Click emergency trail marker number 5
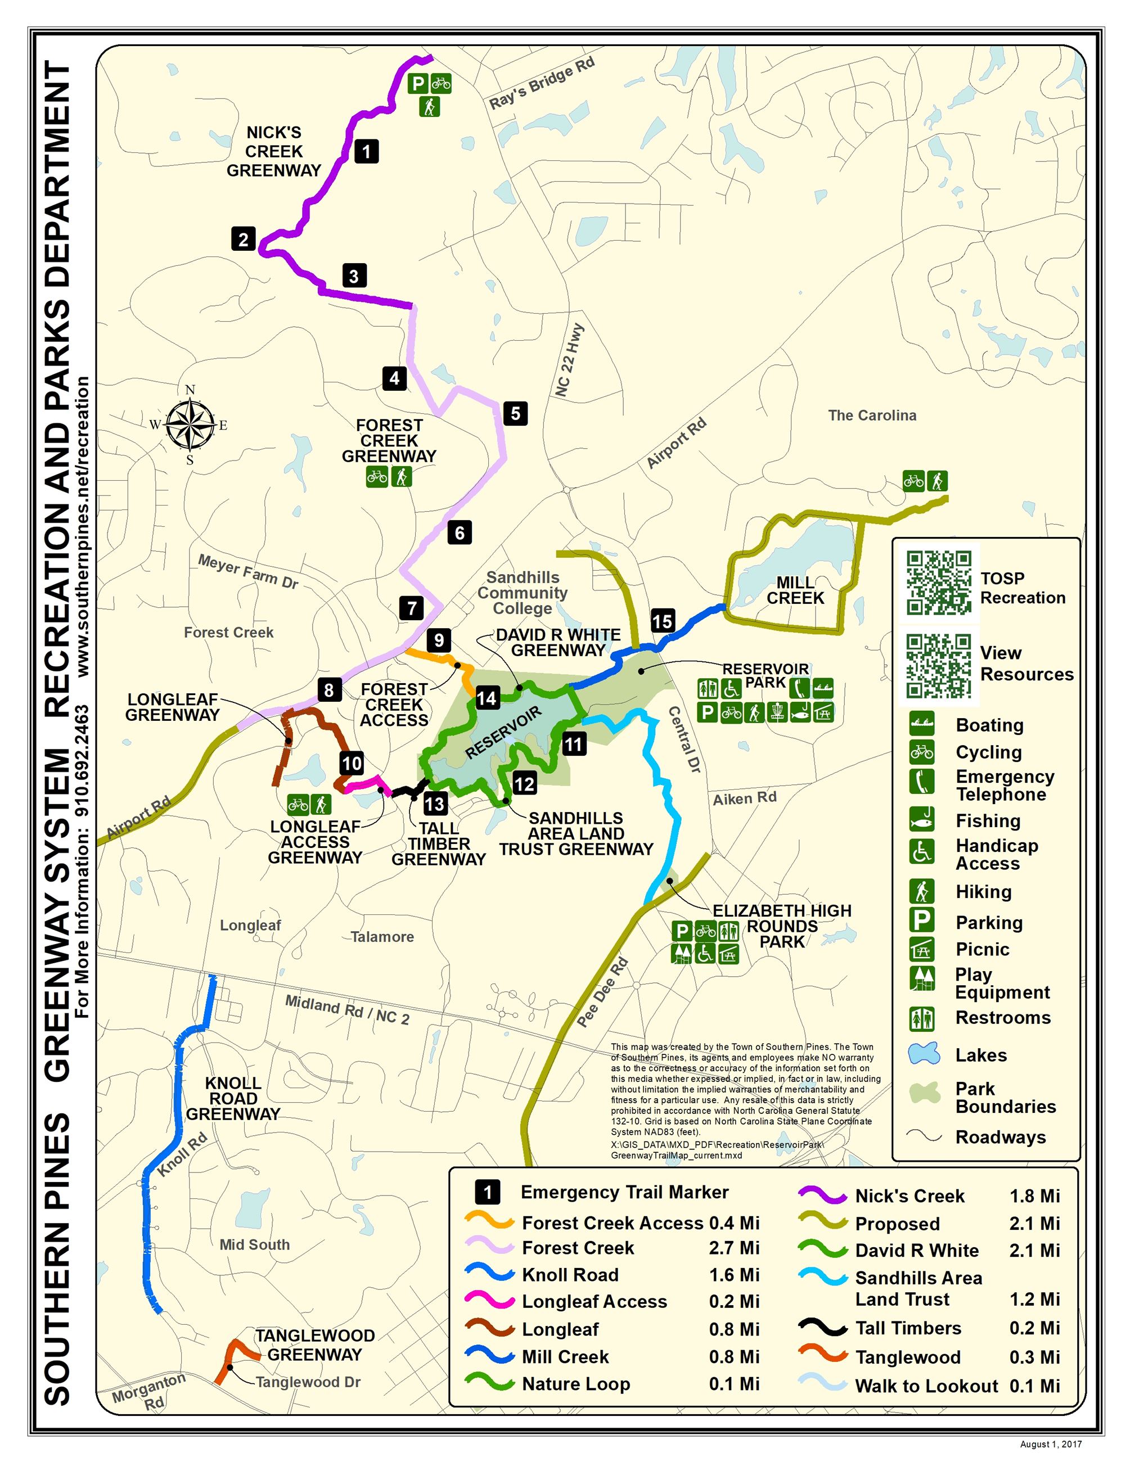pos(515,413)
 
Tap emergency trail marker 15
pos(662,621)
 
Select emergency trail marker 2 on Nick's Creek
pos(243,239)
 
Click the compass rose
pos(190,425)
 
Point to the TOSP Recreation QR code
pos(939,582)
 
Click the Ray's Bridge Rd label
pos(542,84)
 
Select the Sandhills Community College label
pos(522,593)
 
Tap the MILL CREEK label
pos(795,590)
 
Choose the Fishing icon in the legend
pos(922,819)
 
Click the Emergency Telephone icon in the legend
pos(922,781)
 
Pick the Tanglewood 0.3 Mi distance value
pos(1034,1357)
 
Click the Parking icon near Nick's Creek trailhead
pos(418,84)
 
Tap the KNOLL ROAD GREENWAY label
pos(233,1099)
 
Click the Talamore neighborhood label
pos(382,936)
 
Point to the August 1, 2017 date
pos(1050,1444)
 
